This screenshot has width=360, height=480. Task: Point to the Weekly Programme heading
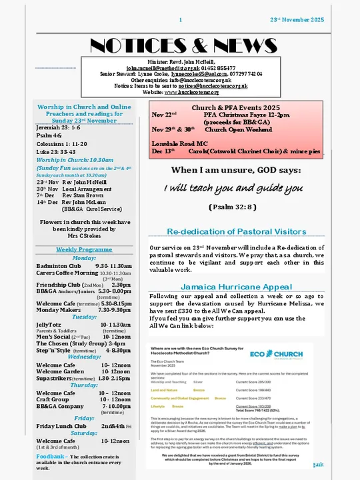pyautogui.click(x=83, y=249)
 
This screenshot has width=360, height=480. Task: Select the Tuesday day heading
pyautogui.click(x=84, y=317)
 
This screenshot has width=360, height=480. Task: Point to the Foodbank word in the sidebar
pyautogui.click(x=49, y=456)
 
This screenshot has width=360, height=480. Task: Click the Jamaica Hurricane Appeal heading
pyautogui.click(x=236, y=287)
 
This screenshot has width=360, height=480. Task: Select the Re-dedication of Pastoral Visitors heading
pyautogui.click(x=236, y=231)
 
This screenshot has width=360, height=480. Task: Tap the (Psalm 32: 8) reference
pyautogui.click(x=233, y=207)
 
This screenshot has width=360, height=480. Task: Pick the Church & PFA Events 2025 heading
pyautogui.click(x=237, y=107)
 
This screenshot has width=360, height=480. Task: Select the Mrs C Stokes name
pyautogui.click(x=83, y=235)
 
